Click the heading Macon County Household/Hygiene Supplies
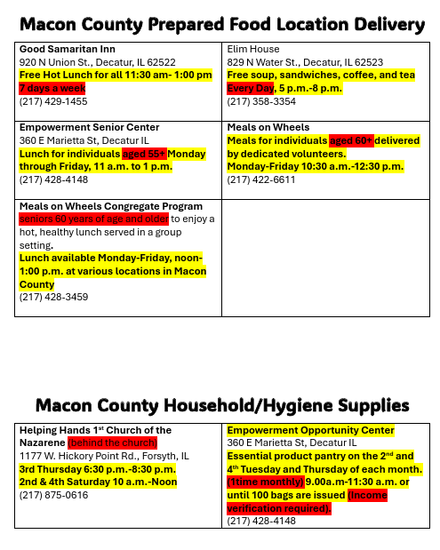220,405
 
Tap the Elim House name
253,49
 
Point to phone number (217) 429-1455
53,101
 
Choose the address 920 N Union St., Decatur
97,62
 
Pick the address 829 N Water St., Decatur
305,62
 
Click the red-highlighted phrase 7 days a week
52,89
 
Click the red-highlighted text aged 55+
144,154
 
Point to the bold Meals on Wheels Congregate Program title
105,206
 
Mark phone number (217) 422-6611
261,179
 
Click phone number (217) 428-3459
53,297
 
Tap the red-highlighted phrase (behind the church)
113,442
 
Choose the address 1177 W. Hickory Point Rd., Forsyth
104,456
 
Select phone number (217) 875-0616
53,495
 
